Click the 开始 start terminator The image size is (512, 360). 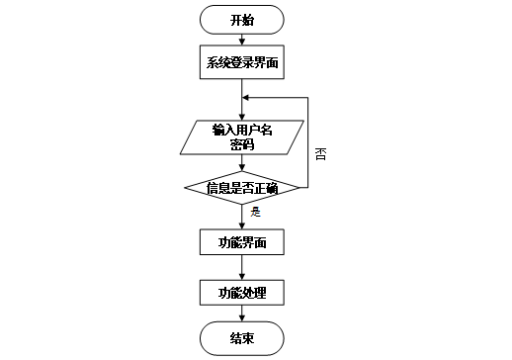point(242,20)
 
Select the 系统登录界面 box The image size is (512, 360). point(242,63)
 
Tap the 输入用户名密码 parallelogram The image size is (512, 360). point(242,136)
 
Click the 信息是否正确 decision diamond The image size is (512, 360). point(242,187)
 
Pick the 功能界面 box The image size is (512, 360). point(242,241)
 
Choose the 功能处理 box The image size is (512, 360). point(242,293)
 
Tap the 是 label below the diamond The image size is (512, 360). point(255,212)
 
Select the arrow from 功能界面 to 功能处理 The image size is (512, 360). point(242,267)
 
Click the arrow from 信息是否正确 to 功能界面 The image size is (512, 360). point(242,217)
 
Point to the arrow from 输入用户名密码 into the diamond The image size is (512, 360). point(242,163)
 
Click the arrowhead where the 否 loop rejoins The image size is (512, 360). point(247,97)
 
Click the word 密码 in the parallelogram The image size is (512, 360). point(242,144)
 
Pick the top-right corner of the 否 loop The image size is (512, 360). point(308,97)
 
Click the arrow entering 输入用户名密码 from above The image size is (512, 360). point(242,109)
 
